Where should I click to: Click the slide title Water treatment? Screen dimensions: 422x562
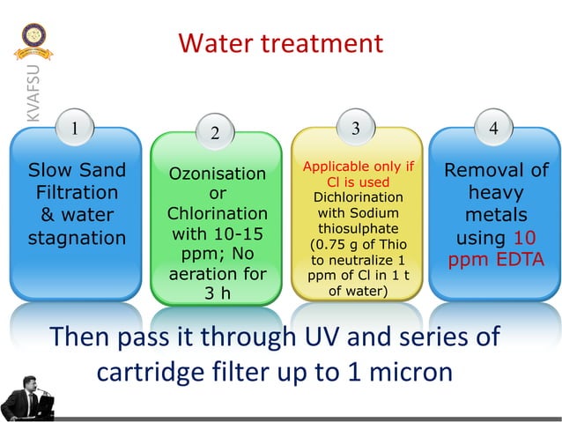point(280,43)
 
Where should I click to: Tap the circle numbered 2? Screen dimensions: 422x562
point(215,134)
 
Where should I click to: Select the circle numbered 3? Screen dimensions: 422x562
point(355,129)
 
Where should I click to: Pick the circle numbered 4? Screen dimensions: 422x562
point(493,129)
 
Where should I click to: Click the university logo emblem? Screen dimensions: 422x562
point(36,39)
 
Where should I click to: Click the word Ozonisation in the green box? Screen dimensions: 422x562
point(217,174)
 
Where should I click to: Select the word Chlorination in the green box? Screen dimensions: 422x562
point(217,214)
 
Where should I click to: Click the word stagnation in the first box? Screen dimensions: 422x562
point(77,237)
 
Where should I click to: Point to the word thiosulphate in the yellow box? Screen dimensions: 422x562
point(359,228)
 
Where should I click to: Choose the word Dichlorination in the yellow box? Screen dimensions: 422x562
point(359,196)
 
